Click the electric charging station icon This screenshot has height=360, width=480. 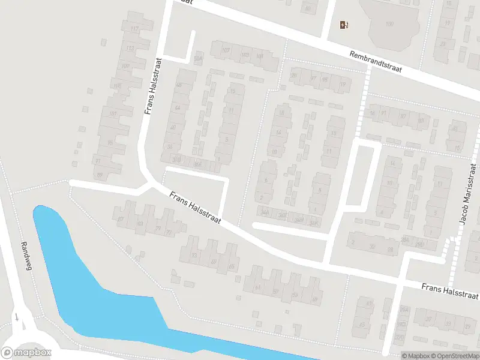coord(344,25)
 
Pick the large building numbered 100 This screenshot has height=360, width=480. coord(390,24)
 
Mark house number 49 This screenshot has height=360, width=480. coord(314,298)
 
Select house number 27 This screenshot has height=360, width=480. coord(313,78)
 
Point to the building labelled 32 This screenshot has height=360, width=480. coord(372,246)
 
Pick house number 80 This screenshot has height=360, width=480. coord(308,8)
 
